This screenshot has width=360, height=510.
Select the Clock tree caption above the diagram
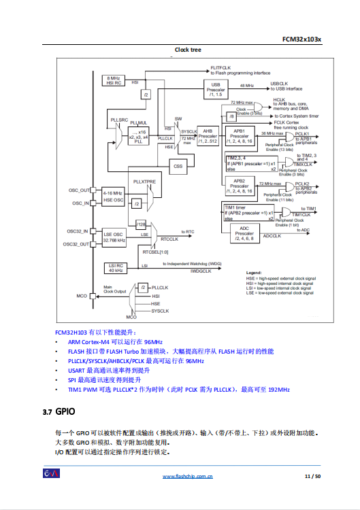click(x=187, y=50)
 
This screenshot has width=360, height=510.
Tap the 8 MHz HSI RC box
click(x=114, y=81)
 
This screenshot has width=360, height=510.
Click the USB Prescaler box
click(x=216, y=88)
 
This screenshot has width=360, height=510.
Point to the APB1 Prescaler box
click(x=239, y=136)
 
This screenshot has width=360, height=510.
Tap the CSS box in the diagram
click(x=178, y=165)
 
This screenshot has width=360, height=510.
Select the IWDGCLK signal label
click(x=202, y=270)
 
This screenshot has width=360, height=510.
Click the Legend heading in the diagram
click(x=254, y=272)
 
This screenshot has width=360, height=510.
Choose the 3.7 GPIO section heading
click(x=57, y=412)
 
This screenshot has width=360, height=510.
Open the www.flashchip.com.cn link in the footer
click(x=187, y=476)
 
